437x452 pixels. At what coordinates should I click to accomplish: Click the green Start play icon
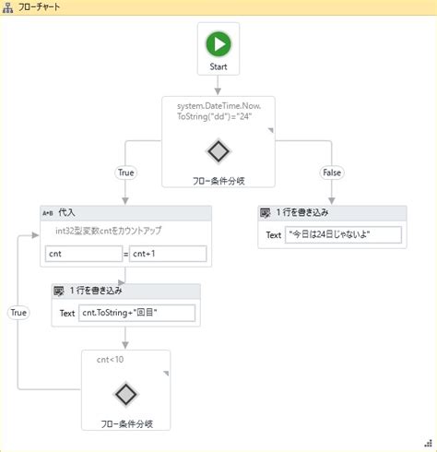pos(218,44)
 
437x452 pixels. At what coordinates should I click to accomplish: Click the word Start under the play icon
pos(218,66)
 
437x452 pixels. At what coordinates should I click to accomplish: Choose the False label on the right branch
pos(331,172)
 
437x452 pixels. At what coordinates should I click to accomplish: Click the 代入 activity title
pos(67,213)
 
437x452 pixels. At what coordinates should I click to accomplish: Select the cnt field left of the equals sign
pos(83,254)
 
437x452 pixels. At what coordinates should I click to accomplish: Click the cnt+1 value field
pos(168,254)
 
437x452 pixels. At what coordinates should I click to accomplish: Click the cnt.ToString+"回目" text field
pos(137,313)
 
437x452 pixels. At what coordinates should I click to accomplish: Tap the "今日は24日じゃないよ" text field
pos(344,235)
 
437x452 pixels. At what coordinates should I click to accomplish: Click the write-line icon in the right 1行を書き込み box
pos(266,213)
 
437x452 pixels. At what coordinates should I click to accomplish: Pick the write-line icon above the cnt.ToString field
pos(59,291)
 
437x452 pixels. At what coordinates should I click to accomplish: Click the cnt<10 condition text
pos(110,359)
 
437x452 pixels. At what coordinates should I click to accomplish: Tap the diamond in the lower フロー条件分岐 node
pos(126,395)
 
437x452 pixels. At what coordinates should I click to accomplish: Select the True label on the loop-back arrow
pos(18,313)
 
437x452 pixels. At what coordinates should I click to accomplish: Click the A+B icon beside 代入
pos(48,213)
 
